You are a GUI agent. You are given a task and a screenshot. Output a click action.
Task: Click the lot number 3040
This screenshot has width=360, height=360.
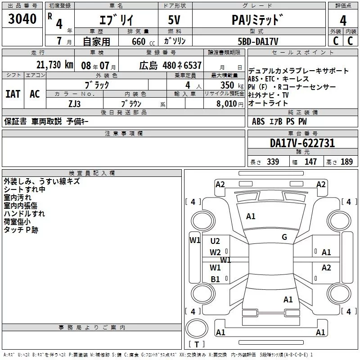coord(22,20)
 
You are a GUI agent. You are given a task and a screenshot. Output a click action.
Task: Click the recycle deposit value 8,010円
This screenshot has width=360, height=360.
coord(225,103)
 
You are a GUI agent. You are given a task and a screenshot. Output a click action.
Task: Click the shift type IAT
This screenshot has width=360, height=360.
coord(13,94)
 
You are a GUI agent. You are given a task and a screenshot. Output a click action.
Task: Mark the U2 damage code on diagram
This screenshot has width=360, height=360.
coord(215,241)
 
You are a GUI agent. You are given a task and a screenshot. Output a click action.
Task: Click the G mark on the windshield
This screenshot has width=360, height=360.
coord(284,237)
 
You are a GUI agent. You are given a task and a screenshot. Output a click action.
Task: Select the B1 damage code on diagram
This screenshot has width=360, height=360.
coord(215,279)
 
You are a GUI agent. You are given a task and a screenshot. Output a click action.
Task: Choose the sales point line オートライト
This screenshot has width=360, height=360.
coord(268,103)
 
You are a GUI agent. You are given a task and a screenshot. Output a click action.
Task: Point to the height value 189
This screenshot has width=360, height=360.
coord(346,162)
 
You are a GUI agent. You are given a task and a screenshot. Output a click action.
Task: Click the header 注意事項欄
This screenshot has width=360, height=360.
coord(124,134)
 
